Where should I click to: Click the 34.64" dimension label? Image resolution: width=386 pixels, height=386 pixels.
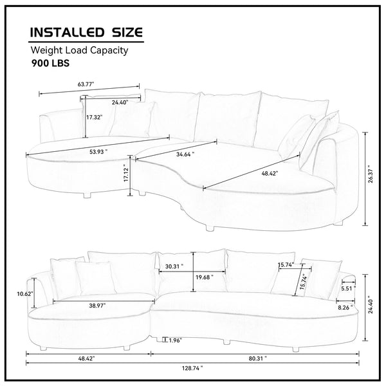click(x=183, y=154)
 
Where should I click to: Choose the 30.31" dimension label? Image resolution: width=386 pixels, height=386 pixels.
click(x=174, y=266)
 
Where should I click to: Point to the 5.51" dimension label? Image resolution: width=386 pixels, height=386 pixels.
click(x=347, y=289)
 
